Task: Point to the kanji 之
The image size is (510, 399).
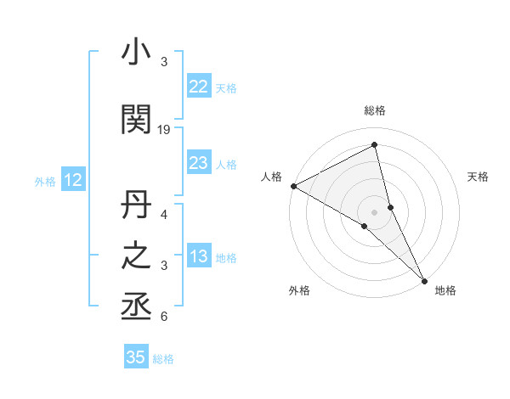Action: pyautogui.click(x=136, y=258)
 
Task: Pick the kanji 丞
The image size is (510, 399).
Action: pyautogui.click(x=136, y=307)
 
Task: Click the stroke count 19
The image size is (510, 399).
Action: pyautogui.click(x=164, y=130)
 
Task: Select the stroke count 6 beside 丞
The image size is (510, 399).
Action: pyautogui.click(x=164, y=318)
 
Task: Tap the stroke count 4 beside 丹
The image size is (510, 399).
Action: pyautogui.click(x=164, y=214)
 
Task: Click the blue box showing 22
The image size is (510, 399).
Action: pyautogui.click(x=198, y=87)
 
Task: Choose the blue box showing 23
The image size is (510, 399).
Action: pyautogui.click(x=198, y=163)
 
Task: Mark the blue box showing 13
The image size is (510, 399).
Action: pyautogui.click(x=198, y=257)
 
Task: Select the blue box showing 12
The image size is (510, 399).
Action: pyautogui.click(x=72, y=180)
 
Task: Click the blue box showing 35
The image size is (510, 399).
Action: pyautogui.click(x=135, y=357)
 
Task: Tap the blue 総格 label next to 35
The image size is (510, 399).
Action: pyautogui.click(x=163, y=359)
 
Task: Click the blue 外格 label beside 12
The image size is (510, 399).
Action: pyautogui.click(x=45, y=181)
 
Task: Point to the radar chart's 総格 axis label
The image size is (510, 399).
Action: pyautogui.click(x=374, y=110)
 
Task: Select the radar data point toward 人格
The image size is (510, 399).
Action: pyautogui.click(x=293, y=186)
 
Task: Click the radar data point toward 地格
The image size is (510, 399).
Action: pyautogui.click(x=423, y=279)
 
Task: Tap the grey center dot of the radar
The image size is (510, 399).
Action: pyautogui.click(x=374, y=211)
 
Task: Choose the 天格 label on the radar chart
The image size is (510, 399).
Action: pyautogui.click(x=479, y=177)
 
